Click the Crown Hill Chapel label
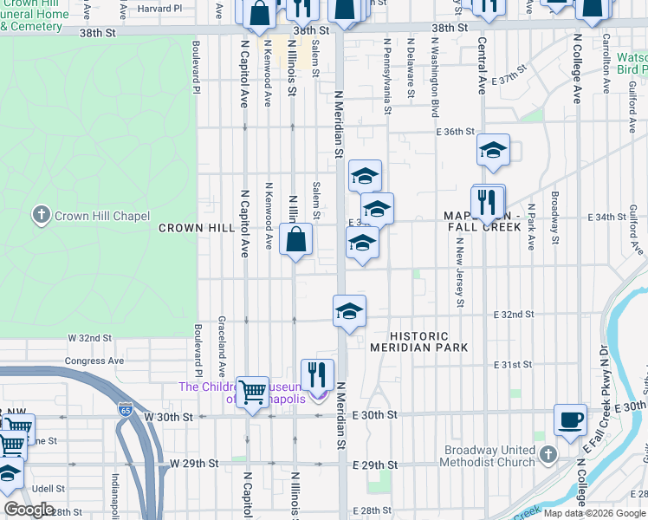[101, 216]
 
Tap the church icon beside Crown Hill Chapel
[41, 215]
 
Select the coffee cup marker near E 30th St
[570, 419]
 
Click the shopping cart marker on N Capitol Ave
[252, 392]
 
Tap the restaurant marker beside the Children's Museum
[317, 375]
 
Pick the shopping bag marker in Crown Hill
[296, 239]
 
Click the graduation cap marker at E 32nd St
[348, 311]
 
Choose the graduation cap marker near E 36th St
[493, 151]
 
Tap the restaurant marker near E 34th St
[488, 204]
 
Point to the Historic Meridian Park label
[419, 341]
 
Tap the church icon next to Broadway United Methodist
[548, 454]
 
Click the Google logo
[29, 510]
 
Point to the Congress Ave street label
[94, 361]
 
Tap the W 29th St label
[193, 464]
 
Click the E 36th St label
[457, 132]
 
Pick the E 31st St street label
[512, 365]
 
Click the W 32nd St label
[91, 337]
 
